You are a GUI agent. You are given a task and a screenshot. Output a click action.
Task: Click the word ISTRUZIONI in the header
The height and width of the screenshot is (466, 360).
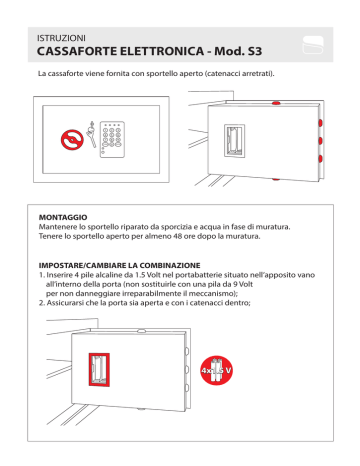[61, 38]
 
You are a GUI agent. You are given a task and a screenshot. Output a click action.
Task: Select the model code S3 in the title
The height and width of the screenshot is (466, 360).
[255, 51]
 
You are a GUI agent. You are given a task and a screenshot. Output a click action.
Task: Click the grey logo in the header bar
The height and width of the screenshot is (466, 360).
[313, 45]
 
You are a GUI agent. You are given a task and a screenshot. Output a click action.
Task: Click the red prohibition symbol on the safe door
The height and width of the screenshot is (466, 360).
[72, 140]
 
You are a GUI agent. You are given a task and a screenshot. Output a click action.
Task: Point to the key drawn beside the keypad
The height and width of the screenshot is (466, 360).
[91, 134]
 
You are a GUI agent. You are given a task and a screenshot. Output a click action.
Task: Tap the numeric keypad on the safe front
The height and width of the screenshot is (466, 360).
[112, 139]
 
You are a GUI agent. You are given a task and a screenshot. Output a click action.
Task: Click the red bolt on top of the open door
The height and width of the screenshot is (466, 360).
[276, 103]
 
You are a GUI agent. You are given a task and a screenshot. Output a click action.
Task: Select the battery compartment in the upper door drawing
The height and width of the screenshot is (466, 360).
[234, 141]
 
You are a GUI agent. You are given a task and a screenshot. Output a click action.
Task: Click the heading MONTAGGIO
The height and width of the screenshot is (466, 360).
[63, 217]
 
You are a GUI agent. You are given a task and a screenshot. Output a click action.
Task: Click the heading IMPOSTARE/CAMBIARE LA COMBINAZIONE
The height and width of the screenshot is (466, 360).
[120, 266]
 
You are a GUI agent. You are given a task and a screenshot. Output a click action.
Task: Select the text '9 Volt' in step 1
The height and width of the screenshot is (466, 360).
[244, 284]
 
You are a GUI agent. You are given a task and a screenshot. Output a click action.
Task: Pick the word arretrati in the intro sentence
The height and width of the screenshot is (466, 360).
[257, 74]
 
